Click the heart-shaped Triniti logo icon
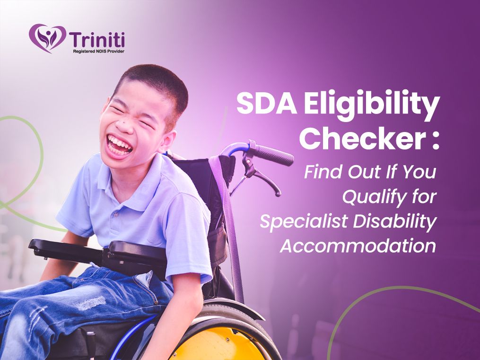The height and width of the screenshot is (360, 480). click(47, 38)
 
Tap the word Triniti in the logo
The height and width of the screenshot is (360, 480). click(97, 39)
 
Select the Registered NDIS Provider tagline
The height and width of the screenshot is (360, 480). click(98, 52)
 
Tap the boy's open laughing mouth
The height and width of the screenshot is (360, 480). click(119, 145)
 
